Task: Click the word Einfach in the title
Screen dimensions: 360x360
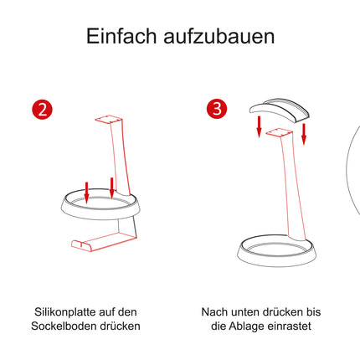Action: [121, 36]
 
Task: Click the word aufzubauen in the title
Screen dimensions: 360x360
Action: [219, 37]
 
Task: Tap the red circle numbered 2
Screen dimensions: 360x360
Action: [42, 109]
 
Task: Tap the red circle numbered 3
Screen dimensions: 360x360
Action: [217, 108]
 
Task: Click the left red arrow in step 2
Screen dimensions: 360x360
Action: [86, 193]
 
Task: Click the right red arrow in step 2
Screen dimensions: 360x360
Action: [111, 188]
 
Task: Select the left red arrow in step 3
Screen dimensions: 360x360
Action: [259, 126]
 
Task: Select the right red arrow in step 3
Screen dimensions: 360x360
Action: [304, 134]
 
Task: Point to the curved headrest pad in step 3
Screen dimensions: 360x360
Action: [279, 111]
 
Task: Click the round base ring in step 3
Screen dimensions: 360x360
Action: [277, 261]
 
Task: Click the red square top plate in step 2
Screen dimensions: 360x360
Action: [109, 119]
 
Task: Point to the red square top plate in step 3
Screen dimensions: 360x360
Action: [279, 132]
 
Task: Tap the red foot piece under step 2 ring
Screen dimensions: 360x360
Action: [104, 240]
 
